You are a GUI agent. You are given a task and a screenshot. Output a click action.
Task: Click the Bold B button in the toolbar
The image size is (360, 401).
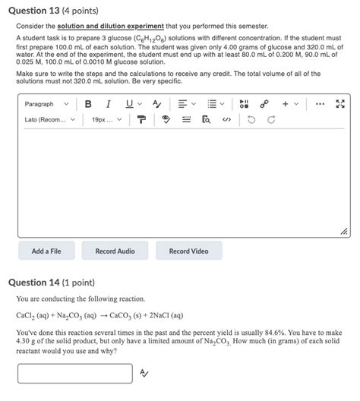click(x=89, y=104)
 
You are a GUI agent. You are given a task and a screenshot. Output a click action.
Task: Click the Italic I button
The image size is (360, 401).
click(x=108, y=104)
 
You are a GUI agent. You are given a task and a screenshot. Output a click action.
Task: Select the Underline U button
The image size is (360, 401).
click(x=128, y=104)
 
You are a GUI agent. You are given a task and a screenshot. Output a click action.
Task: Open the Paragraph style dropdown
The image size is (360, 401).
click(x=46, y=104)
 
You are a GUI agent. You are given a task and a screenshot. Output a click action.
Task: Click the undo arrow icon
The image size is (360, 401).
click(x=251, y=119)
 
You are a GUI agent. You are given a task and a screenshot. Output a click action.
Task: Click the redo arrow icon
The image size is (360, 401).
click(x=271, y=119)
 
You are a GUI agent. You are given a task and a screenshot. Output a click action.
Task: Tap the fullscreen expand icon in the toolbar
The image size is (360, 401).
click(x=341, y=104)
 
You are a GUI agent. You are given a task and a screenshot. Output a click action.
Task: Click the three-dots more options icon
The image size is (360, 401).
click(x=320, y=104)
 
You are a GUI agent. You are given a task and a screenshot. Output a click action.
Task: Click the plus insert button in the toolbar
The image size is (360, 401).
click(x=285, y=104)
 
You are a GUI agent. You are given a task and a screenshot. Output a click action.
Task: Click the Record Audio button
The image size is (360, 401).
click(x=115, y=251)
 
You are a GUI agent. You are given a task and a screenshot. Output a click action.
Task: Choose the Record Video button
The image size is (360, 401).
click(x=188, y=251)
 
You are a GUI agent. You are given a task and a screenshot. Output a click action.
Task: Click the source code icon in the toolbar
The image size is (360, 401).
click(x=226, y=119)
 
